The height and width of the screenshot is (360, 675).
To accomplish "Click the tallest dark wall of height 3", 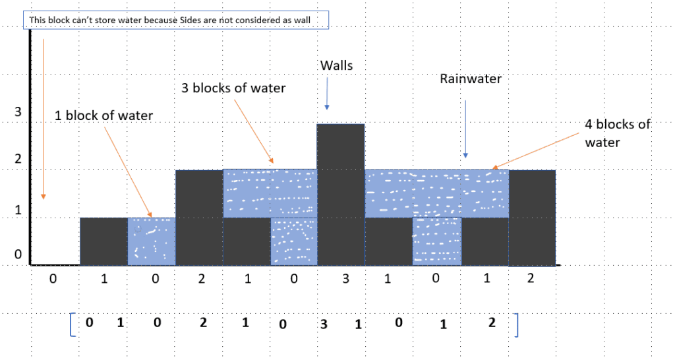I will (x=341, y=194).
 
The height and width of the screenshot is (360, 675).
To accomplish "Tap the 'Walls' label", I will (x=336, y=65).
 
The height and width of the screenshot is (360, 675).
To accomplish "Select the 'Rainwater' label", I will (x=471, y=79).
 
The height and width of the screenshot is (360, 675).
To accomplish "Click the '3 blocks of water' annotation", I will (x=233, y=87).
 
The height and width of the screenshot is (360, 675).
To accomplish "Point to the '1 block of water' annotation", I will (x=104, y=116).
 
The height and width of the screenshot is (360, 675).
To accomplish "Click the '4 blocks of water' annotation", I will (x=617, y=133).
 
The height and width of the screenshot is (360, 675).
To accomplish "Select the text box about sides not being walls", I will (x=178, y=20).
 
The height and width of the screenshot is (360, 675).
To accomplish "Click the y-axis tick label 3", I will (x=18, y=112).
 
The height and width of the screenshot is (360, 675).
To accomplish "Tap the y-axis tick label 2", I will (x=18, y=158).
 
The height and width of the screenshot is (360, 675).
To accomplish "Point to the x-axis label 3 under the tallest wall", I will (x=346, y=279).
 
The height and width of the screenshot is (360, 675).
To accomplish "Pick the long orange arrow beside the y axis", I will (x=44, y=119).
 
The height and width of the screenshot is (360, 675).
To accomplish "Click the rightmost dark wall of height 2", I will (x=533, y=217).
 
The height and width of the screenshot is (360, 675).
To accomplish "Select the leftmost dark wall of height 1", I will (x=103, y=241).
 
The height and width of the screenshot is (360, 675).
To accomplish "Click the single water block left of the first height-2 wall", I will (x=151, y=241).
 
